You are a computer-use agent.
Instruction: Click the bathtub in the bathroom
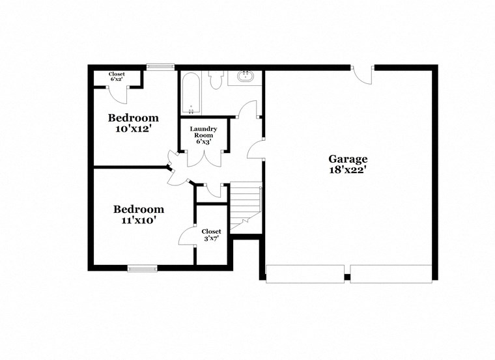pyautogui.click(x=191, y=94)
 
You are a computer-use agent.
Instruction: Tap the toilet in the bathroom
pyautogui.click(x=216, y=79)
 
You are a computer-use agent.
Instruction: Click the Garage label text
pyautogui.click(x=348, y=159)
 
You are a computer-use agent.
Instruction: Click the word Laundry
pyautogui.click(x=203, y=128)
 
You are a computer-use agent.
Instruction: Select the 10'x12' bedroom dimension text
pyautogui.click(x=133, y=129)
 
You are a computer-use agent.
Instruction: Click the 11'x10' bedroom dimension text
pyautogui.click(x=138, y=220)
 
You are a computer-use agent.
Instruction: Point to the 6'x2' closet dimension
pyautogui.click(x=117, y=81)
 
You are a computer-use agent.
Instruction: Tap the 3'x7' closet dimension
pyautogui.click(x=211, y=240)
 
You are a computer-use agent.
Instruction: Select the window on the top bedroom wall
pyautogui.click(x=160, y=66)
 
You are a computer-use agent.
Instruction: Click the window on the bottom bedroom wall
pyautogui.click(x=142, y=268)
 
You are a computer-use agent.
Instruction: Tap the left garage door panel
pyautogui.click(x=305, y=273)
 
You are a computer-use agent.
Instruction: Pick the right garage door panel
pyautogui.click(x=391, y=273)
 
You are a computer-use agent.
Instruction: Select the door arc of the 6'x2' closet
pyautogui.click(x=118, y=93)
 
